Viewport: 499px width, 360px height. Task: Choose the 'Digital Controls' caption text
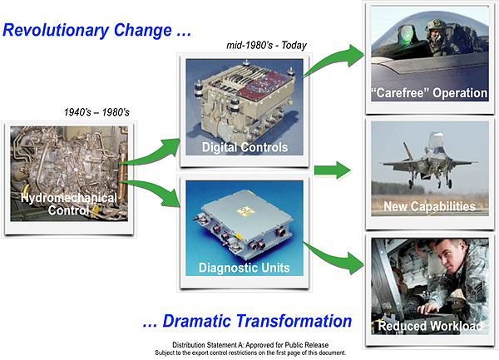(x=244, y=148)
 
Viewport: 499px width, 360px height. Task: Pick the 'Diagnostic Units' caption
(x=244, y=268)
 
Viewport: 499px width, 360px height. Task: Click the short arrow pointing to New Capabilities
(x=331, y=171)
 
